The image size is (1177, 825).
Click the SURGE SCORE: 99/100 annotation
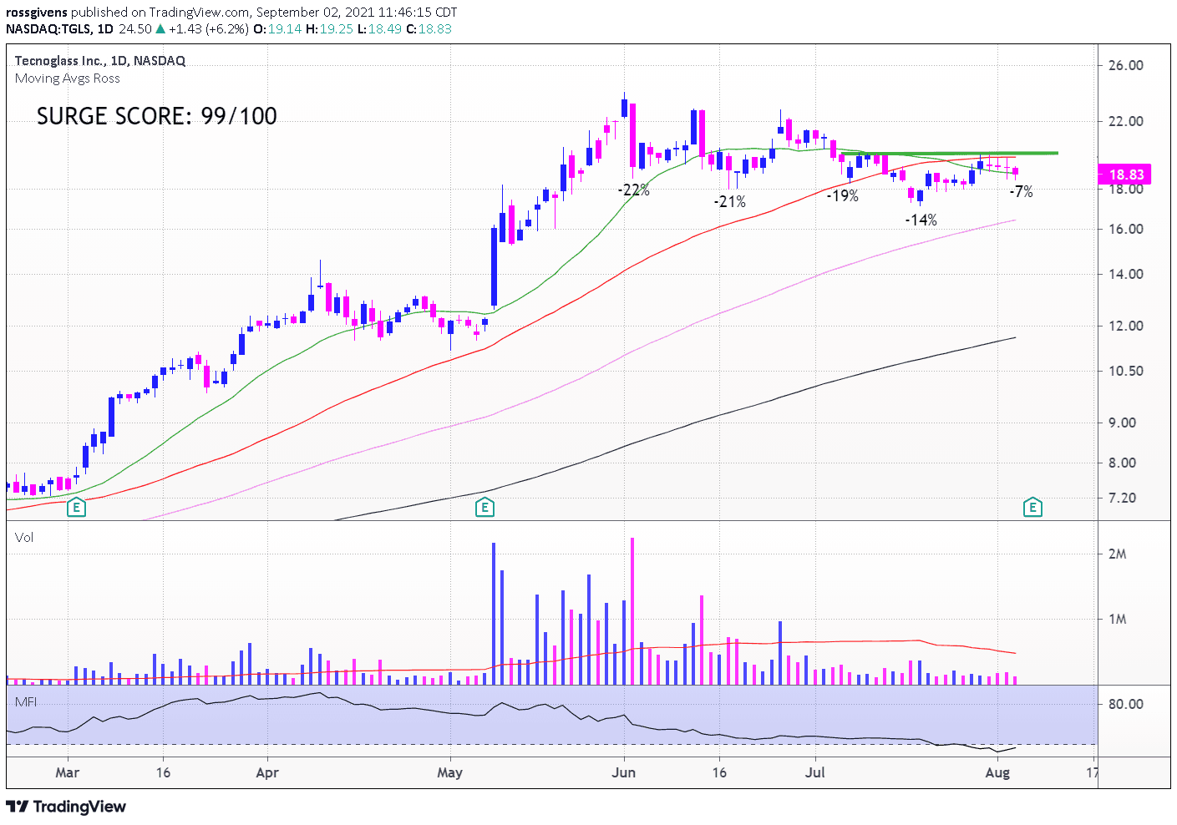(x=156, y=116)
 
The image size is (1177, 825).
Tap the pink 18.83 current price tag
(x=1126, y=175)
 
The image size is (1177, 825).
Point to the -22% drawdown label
(x=633, y=190)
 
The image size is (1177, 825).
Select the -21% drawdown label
(x=729, y=201)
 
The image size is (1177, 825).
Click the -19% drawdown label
(x=842, y=195)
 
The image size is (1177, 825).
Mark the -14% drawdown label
(x=921, y=220)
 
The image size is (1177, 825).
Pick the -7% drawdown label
(x=1021, y=191)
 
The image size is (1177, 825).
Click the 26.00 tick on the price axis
(x=1125, y=65)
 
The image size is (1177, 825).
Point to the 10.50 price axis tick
(x=1125, y=371)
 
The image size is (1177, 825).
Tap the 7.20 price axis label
(x=1122, y=498)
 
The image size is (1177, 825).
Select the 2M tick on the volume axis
(x=1117, y=554)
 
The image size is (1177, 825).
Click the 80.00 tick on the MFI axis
(x=1125, y=704)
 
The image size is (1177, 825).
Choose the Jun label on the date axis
(x=623, y=772)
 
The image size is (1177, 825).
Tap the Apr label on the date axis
(x=267, y=772)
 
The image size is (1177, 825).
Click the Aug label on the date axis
(x=997, y=772)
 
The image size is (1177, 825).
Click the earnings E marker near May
(x=484, y=507)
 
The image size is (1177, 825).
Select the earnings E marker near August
(x=1032, y=507)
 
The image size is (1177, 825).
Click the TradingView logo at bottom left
(x=66, y=807)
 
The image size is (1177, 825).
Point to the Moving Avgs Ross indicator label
(x=67, y=78)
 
